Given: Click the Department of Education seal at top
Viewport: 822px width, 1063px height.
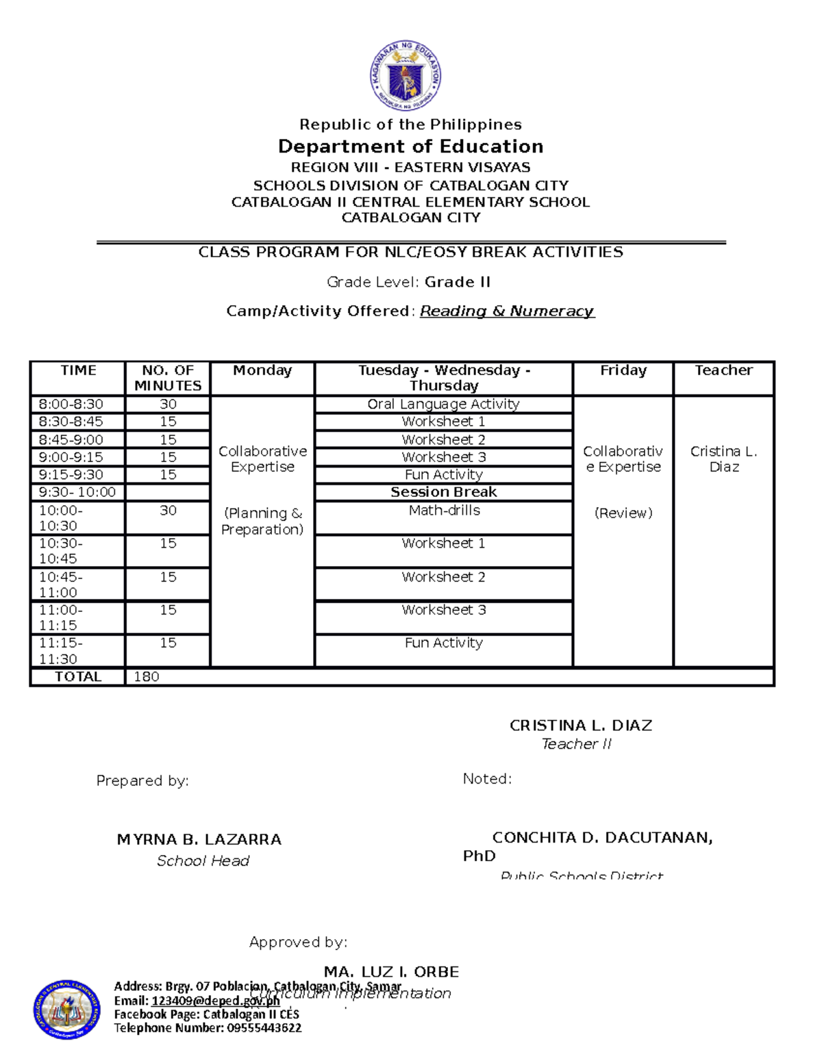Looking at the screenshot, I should click(x=406, y=76).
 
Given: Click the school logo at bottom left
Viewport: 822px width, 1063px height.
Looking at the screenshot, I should click(x=66, y=1008).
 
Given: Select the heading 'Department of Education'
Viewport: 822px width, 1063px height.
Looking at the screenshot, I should click(x=410, y=146).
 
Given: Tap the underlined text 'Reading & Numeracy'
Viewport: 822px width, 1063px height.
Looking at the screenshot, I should click(x=507, y=311).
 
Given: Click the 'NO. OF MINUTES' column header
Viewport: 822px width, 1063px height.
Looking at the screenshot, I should click(x=168, y=378).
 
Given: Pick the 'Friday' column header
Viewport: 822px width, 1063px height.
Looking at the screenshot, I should click(x=623, y=370).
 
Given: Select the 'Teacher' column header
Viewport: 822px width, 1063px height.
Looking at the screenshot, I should click(x=723, y=370).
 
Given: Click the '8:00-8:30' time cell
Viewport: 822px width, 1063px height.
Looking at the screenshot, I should click(x=71, y=405).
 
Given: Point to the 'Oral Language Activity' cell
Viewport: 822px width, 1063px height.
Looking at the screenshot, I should click(x=443, y=405).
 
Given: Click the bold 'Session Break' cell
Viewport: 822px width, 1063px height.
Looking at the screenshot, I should click(x=443, y=492).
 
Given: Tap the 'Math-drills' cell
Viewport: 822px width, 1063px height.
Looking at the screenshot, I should click(x=444, y=511).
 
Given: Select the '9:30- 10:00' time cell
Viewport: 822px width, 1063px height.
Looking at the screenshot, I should click(x=77, y=492).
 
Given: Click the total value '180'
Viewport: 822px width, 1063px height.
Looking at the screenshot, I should click(x=147, y=677).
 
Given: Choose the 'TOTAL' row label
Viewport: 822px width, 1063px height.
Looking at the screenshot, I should click(x=78, y=677).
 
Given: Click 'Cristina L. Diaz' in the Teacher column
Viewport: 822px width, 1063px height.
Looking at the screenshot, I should click(x=723, y=459).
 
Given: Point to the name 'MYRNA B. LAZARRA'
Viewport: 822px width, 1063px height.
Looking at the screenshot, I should click(x=199, y=839).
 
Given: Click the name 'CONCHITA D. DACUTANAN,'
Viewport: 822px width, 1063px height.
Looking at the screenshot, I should click(x=602, y=838).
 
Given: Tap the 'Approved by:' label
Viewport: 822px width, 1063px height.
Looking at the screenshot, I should click(x=298, y=943).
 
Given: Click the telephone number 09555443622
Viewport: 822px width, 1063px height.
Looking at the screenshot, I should click(x=263, y=1028).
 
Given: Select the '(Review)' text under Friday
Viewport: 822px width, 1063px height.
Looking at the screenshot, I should click(x=623, y=513).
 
